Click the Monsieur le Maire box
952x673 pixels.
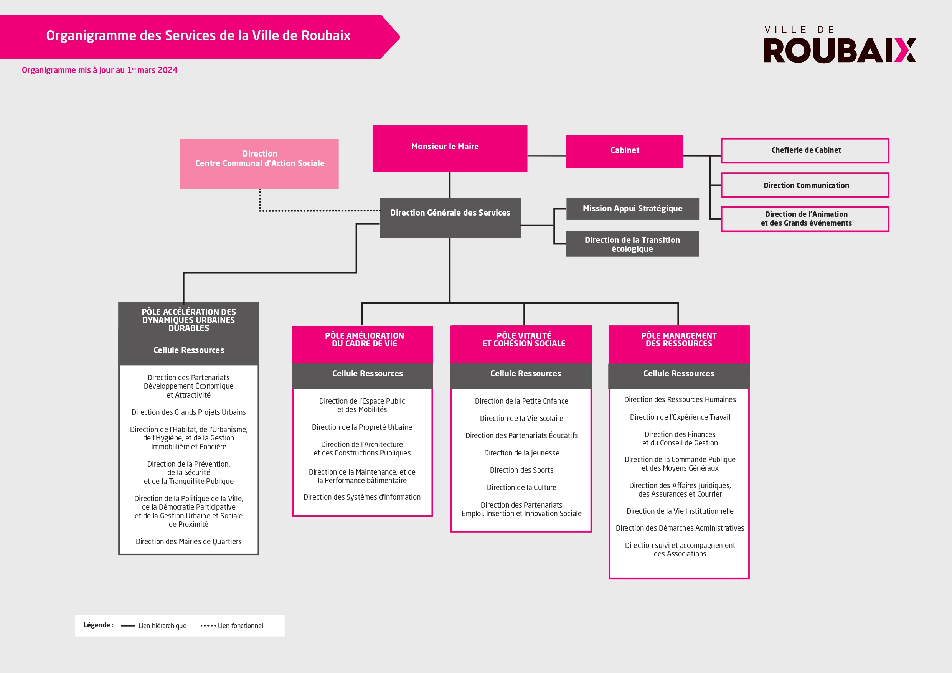pyautogui.click(x=450, y=148)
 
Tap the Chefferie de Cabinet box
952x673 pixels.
pyautogui.click(x=805, y=150)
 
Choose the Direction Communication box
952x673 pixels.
pyautogui.click(x=805, y=185)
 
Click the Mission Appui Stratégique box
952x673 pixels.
pyautogui.click(x=632, y=209)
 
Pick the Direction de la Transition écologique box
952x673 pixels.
pyautogui.click(x=632, y=244)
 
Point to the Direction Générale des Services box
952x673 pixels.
pyautogui.click(x=450, y=218)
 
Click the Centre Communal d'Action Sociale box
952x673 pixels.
pyautogui.click(x=259, y=164)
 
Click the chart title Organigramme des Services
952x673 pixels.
pyautogui.click(x=198, y=36)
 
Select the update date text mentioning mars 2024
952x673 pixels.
pyautogui.click(x=99, y=70)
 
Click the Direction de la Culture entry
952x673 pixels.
pyautogui.click(x=521, y=488)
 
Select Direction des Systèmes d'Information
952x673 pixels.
pyautogui.click(x=362, y=497)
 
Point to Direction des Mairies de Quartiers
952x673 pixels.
pyautogui.click(x=189, y=541)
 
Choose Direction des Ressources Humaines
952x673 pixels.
pyautogui.click(x=680, y=400)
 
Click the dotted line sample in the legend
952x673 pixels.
pyautogui.click(x=208, y=626)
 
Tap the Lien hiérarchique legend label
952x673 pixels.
pyautogui.click(x=162, y=626)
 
